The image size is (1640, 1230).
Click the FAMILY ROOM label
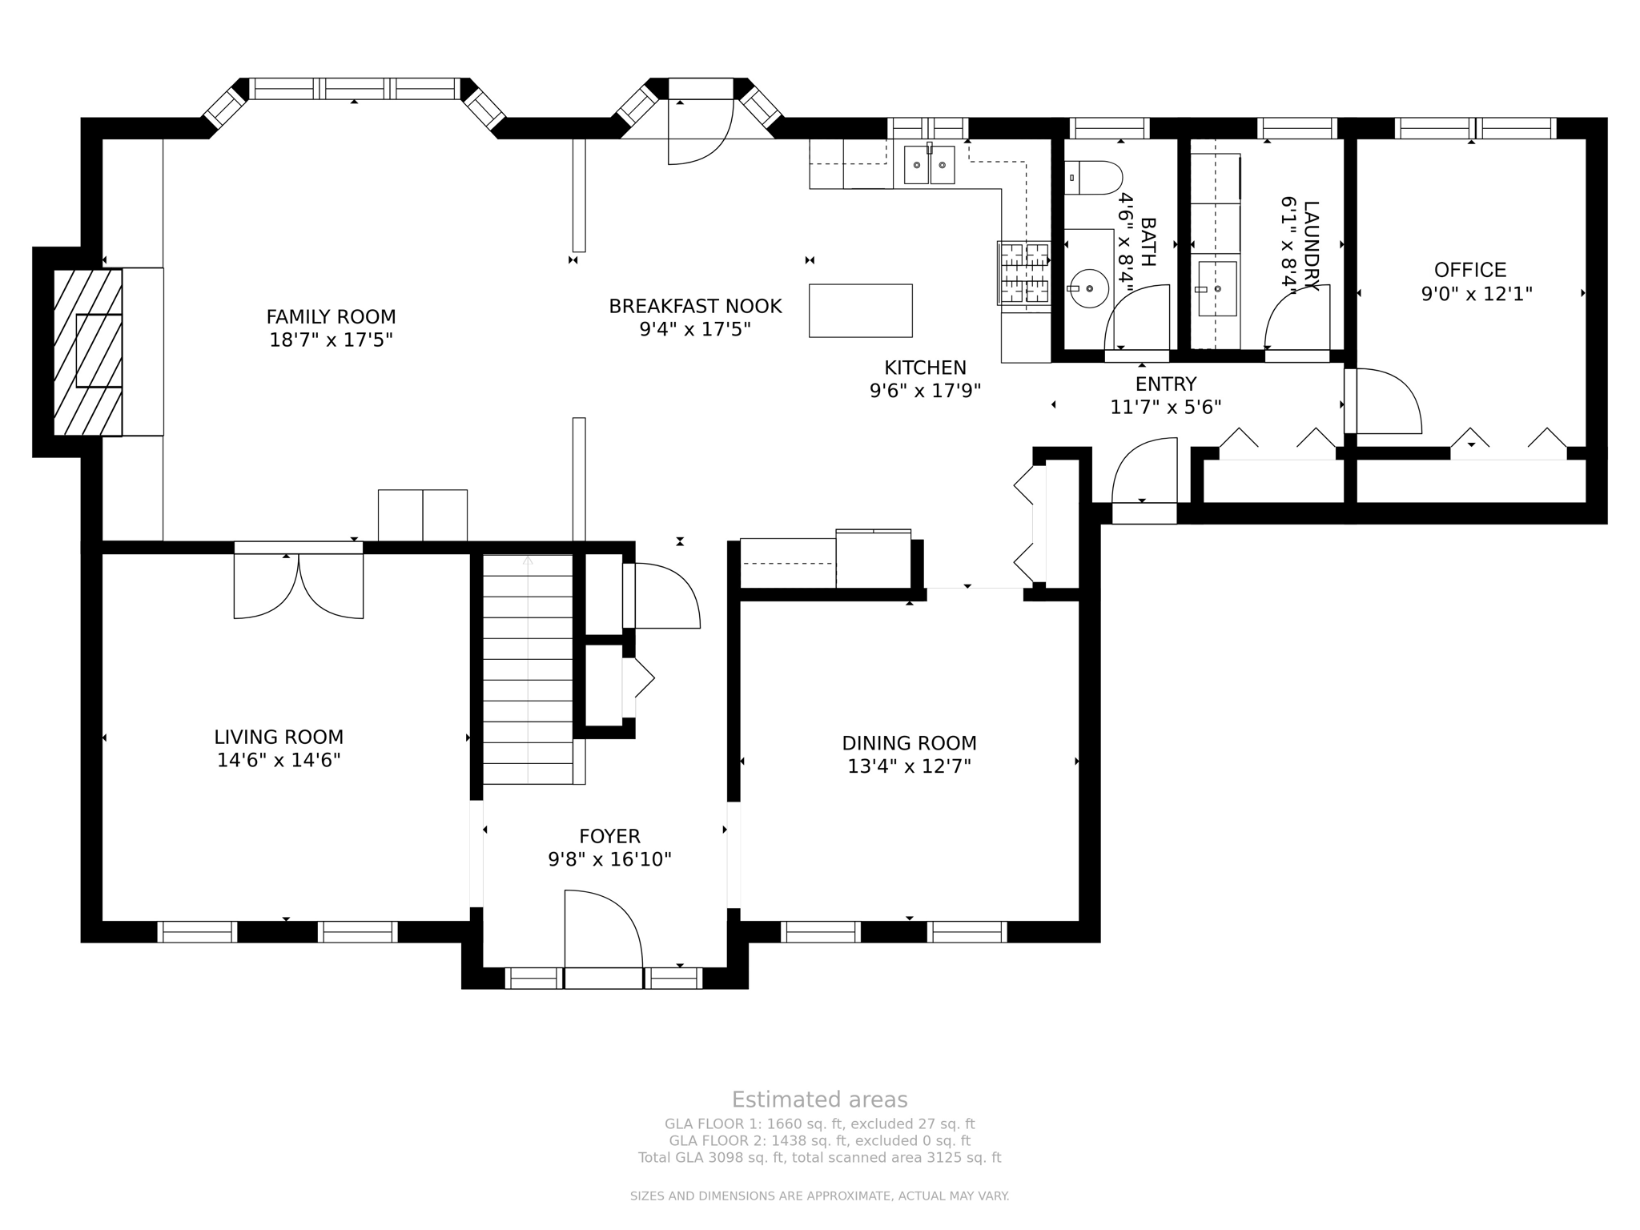coord(331,316)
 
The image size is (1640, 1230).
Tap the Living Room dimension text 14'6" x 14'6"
coord(279,760)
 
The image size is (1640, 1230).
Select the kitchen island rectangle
coord(860,310)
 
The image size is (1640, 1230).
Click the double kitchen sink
coord(929,165)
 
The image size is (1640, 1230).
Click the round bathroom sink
coord(1089,287)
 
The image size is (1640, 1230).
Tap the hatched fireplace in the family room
coord(88,352)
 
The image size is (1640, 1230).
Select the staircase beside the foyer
coord(528,669)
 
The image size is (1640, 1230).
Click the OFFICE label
coord(1470,270)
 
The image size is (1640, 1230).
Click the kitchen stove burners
coord(1024,273)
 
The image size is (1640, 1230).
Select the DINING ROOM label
coord(909,743)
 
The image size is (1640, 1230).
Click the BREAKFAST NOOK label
coord(695,306)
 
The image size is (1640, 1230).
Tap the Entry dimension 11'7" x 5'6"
coord(1165,408)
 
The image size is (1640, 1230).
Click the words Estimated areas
coord(819,1099)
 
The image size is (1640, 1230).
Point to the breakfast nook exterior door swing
coord(701,132)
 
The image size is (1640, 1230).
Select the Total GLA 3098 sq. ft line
coord(819,1157)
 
